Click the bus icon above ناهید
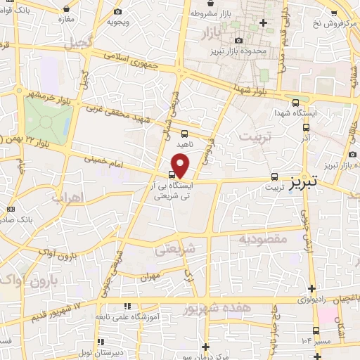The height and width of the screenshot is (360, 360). pyautogui.click(x=184, y=133)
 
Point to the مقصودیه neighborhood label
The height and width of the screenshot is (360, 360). pyautogui.click(x=264, y=240)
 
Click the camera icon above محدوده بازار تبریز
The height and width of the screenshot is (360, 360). pyautogui.click(x=240, y=41)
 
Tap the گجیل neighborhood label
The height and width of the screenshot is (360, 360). pyautogui.click(x=77, y=43)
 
